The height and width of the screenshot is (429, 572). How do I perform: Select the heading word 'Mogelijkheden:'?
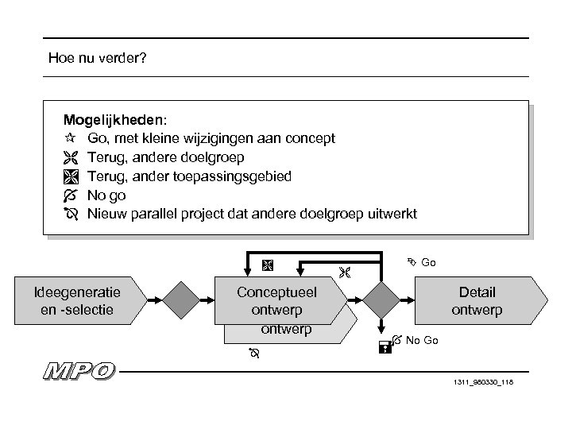[116, 120]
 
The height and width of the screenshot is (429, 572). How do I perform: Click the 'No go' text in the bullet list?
[106, 195]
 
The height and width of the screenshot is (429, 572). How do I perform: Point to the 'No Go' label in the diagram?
[422, 341]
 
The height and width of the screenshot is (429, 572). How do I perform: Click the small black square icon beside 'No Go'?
[384, 346]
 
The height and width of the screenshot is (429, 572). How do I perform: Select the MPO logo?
[79, 371]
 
